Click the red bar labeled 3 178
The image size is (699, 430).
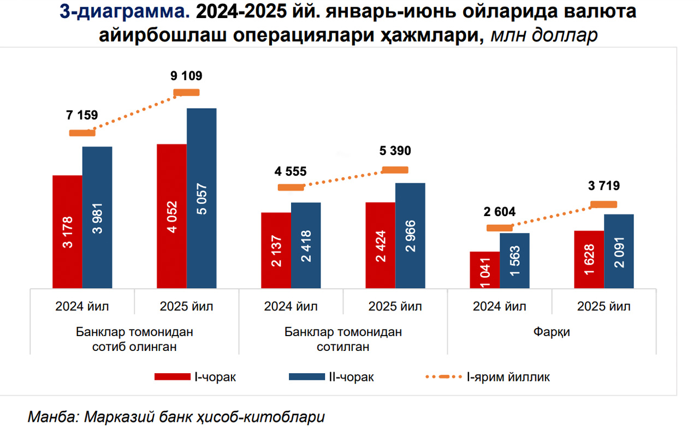(x=67, y=231)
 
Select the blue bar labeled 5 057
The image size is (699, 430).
(x=202, y=198)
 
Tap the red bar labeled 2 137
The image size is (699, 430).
(x=276, y=250)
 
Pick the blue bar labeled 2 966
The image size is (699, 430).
(x=410, y=235)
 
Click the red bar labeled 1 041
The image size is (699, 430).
(x=485, y=270)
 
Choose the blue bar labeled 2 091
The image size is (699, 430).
(x=619, y=251)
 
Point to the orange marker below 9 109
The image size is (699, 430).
(x=186, y=92)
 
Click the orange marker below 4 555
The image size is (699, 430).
(x=291, y=187)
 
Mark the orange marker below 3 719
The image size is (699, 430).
(x=604, y=204)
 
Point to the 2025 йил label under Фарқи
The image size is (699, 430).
(x=603, y=306)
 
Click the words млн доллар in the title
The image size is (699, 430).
(x=544, y=35)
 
